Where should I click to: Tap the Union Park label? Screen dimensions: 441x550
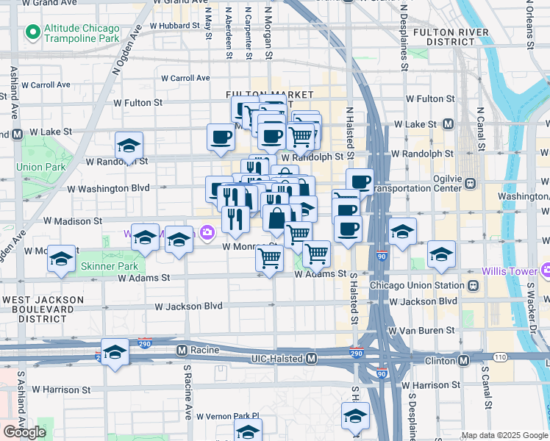point(41,167)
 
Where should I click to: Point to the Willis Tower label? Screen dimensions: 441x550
point(514,271)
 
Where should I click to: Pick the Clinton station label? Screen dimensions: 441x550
point(442,360)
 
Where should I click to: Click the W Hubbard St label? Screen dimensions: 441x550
point(174,25)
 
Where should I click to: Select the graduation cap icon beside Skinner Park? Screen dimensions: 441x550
point(62,259)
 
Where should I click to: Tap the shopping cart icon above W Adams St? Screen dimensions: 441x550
point(270,258)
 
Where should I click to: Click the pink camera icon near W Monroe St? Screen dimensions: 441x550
point(207,233)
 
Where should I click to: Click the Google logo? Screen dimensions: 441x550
point(25,432)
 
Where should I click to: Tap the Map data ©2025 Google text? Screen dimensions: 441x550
point(504,435)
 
